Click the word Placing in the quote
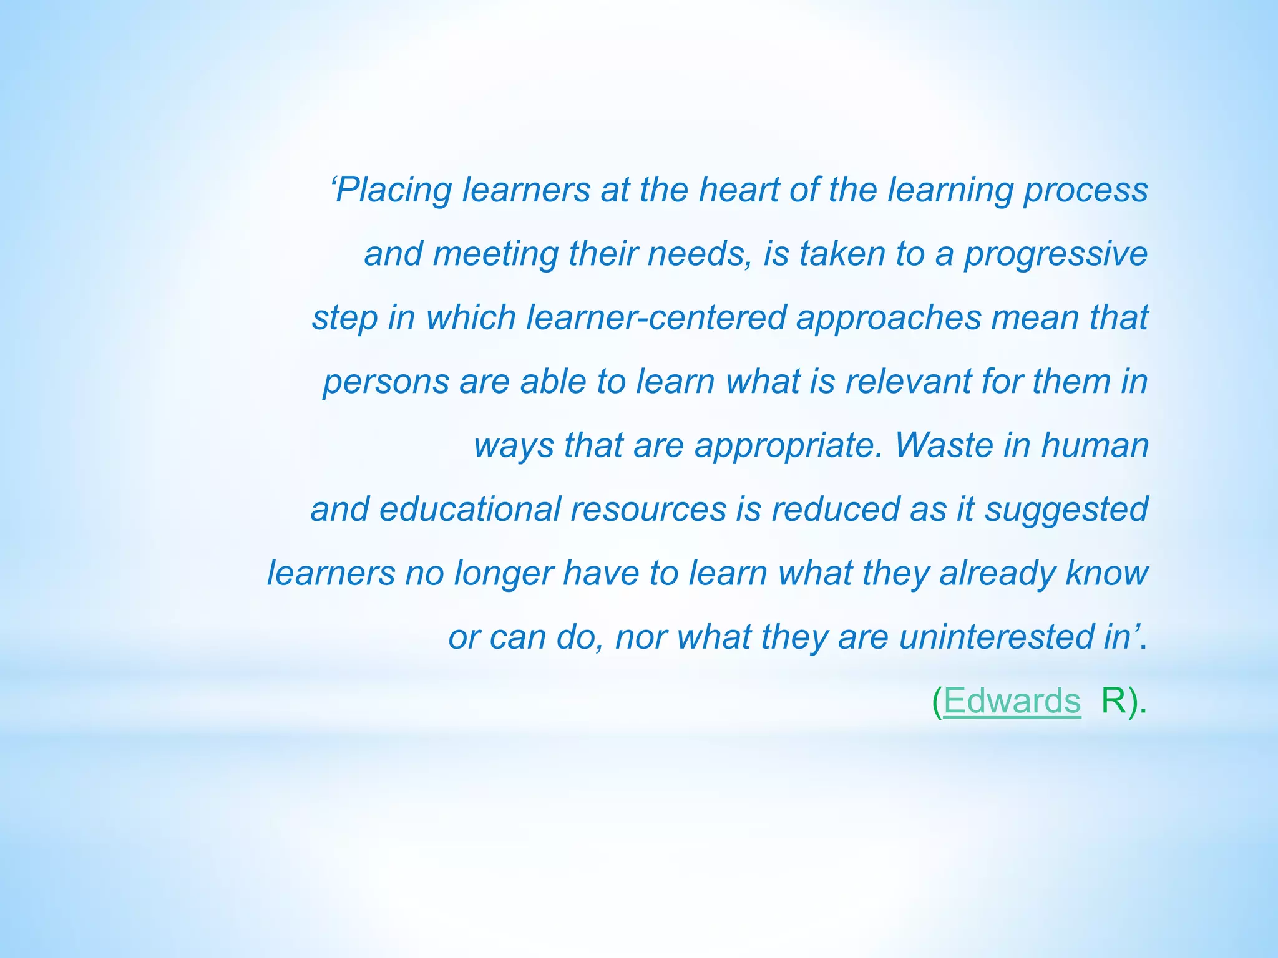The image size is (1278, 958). (x=393, y=190)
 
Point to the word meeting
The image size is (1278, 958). (x=495, y=254)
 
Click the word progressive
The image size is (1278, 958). (x=1055, y=254)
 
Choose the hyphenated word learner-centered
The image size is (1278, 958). (x=655, y=317)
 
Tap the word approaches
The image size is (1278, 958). (x=889, y=317)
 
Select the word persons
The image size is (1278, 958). (x=386, y=382)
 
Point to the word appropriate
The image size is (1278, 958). (x=789, y=445)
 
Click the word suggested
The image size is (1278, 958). (x=1066, y=509)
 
